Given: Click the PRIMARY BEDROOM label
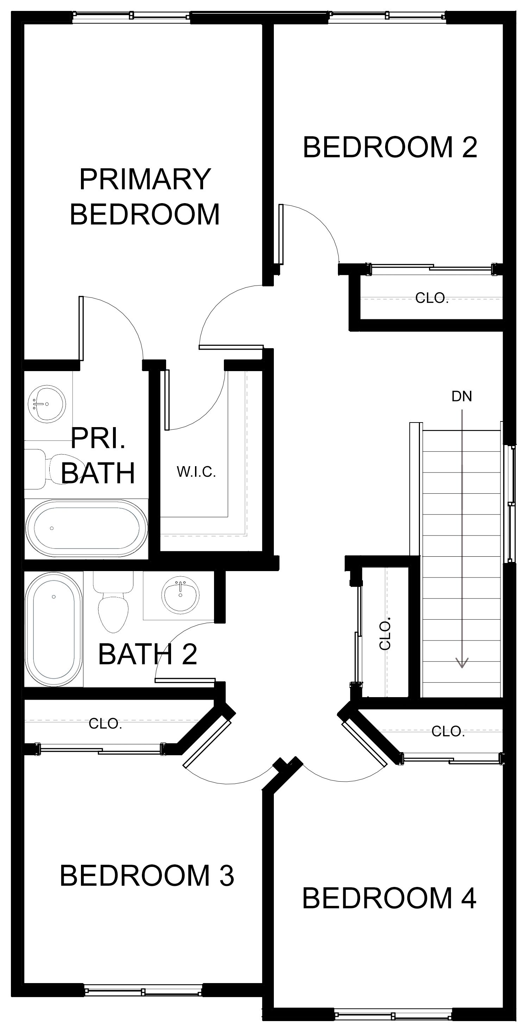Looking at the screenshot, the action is click(145, 196).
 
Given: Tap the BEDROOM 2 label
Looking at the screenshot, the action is click(390, 147).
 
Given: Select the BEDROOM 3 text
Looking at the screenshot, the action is click(147, 875).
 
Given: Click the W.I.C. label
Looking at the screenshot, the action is click(196, 472).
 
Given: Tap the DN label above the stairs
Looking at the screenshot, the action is click(461, 396).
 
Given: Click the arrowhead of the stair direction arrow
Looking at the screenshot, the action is click(462, 663).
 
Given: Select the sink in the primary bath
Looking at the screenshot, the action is click(47, 404).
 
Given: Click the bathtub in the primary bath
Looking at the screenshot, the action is click(86, 528).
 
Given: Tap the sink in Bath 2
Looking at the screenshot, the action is click(180, 594).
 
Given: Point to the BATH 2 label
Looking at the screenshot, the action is click(147, 654).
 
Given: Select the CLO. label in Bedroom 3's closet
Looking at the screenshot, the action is click(105, 724).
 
